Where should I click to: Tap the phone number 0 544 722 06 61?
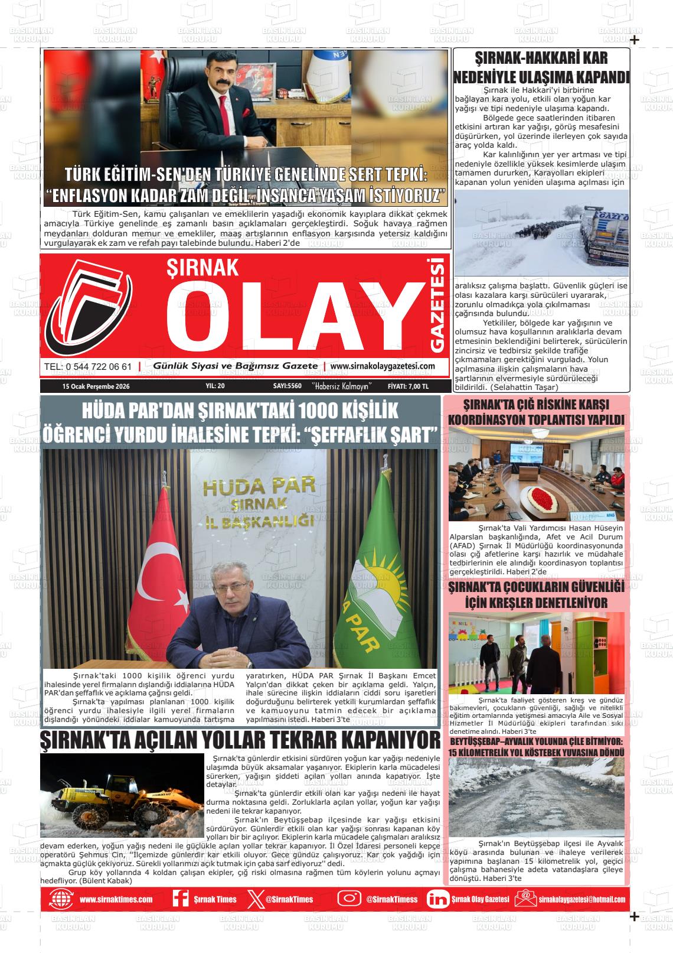tap(88, 366)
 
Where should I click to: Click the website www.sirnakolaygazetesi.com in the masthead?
tap(383, 366)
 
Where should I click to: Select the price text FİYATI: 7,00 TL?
tap(408, 386)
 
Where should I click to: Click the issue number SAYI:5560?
tap(288, 386)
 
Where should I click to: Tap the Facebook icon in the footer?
tap(180, 898)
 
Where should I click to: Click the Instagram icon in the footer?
tap(349, 898)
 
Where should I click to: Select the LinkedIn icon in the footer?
tap(437, 898)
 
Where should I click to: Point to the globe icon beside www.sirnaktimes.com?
tap(61, 898)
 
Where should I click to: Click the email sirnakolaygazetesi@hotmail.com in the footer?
tap(581, 899)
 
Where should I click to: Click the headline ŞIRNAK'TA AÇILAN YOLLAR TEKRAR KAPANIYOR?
tap(240, 740)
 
